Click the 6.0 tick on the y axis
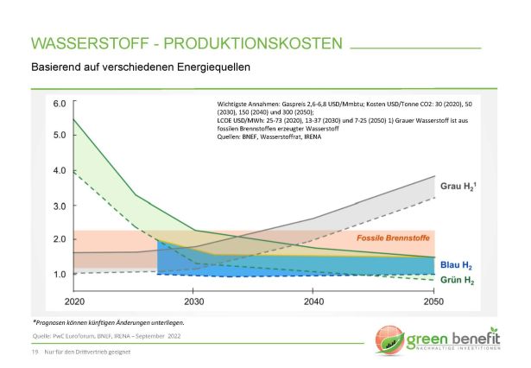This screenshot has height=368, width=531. click(x=60, y=104)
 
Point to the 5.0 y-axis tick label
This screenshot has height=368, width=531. click(x=60, y=136)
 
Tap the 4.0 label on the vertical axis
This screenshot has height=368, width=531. click(x=60, y=170)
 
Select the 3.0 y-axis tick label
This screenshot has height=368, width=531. click(x=60, y=206)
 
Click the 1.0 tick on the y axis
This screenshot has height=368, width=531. click(x=60, y=275)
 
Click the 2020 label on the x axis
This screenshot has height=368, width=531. click(x=75, y=301)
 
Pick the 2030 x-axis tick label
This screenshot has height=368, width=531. click(x=194, y=301)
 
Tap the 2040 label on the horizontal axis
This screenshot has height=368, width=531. click(x=313, y=301)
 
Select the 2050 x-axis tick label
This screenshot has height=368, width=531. click(x=434, y=301)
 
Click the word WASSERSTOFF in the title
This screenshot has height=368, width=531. click(x=86, y=43)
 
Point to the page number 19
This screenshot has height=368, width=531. click(x=35, y=353)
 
